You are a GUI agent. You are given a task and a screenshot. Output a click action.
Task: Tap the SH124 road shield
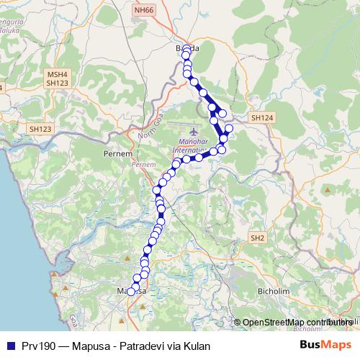tap(259, 117)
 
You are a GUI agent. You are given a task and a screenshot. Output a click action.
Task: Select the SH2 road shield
tap(258, 238)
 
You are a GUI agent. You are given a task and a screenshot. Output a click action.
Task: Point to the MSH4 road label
tap(56, 74)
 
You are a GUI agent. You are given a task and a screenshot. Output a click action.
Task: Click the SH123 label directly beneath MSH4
tap(56, 84)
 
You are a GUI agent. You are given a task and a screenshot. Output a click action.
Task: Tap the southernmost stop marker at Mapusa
tap(131, 292)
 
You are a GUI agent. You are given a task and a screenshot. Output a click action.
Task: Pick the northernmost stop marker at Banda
tap(186, 49)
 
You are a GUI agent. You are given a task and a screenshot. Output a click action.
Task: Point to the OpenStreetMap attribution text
tap(295, 323)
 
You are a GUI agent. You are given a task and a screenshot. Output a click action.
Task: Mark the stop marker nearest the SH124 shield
tap(229, 128)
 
